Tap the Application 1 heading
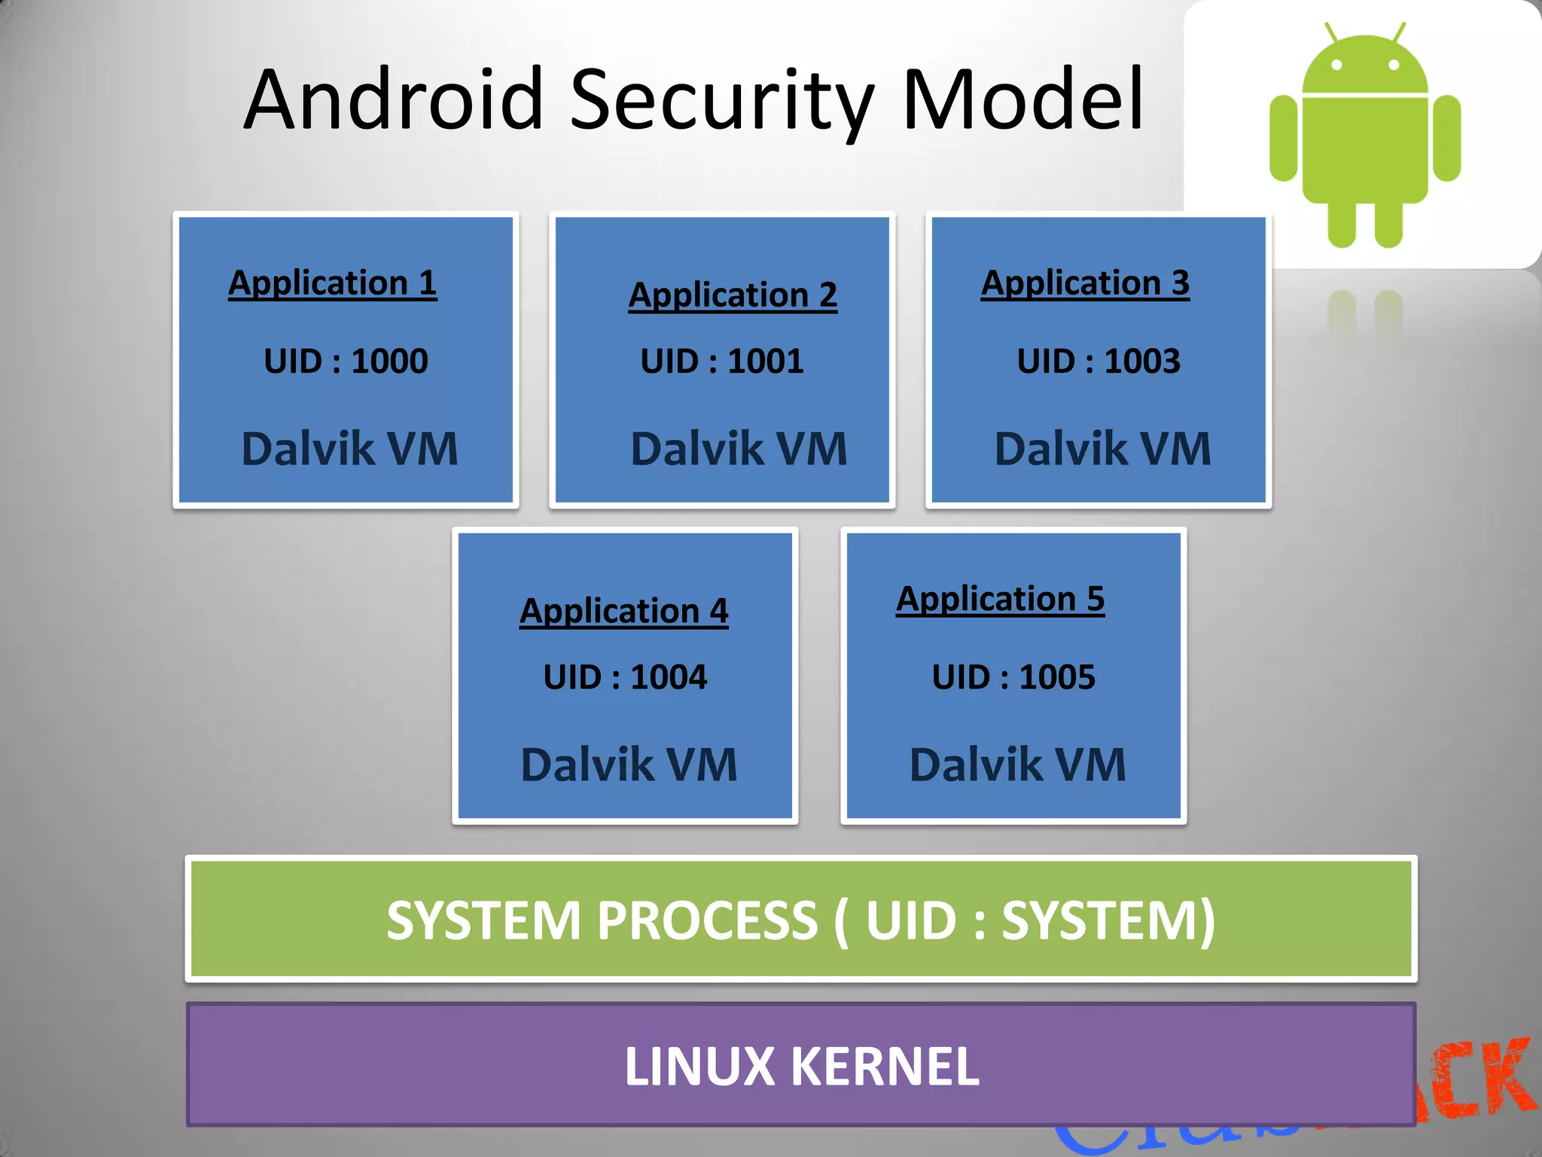[332, 283]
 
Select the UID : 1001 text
[722, 361]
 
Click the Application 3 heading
[1085, 283]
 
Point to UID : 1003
[1099, 361]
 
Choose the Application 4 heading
[624, 611]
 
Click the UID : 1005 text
[1013, 676]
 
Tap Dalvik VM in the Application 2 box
[739, 449]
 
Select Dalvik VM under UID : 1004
[629, 765]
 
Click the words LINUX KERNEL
[802, 1067]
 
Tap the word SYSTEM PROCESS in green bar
[602, 920]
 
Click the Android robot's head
[1364, 68]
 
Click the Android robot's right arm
[1446, 139]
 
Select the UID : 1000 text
[346, 361]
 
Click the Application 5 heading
[1000, 600]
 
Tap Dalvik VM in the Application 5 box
[1017, 765]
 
